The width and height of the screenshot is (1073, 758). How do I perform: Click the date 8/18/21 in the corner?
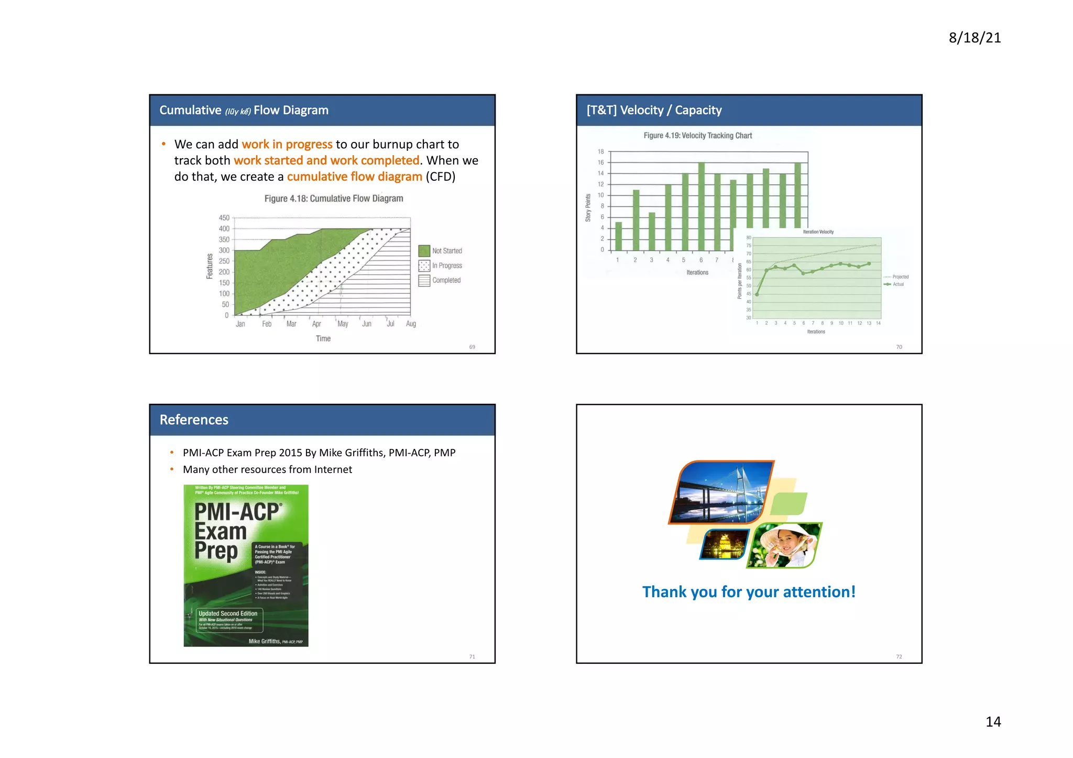coord(975,38)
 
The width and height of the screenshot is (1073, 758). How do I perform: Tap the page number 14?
coord(993,721)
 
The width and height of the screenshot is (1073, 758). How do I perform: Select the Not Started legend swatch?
coord(424,251)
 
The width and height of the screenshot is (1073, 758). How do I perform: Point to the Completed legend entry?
coord(446,280)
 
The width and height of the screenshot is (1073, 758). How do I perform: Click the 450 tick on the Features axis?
coord(224,218)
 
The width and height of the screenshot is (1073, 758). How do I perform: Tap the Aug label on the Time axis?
coord(411,324)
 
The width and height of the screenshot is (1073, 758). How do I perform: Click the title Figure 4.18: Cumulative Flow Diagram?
coord(334,199)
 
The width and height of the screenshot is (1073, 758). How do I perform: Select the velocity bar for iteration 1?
coord(618,236)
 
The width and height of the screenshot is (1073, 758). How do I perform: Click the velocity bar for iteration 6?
coord(701,206)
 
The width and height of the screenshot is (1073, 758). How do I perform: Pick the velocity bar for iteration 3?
coord(652,231)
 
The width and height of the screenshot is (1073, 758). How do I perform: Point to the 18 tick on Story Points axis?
coord(601,151)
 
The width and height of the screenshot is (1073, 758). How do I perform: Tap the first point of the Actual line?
coord(757,294)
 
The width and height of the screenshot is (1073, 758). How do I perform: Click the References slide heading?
coord(194,420)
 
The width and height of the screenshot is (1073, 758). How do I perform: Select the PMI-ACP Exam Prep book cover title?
coord(237,531)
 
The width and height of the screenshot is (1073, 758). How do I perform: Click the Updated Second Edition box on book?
coord(229,620)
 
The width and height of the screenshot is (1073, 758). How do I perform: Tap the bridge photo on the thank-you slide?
coord(721,492)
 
